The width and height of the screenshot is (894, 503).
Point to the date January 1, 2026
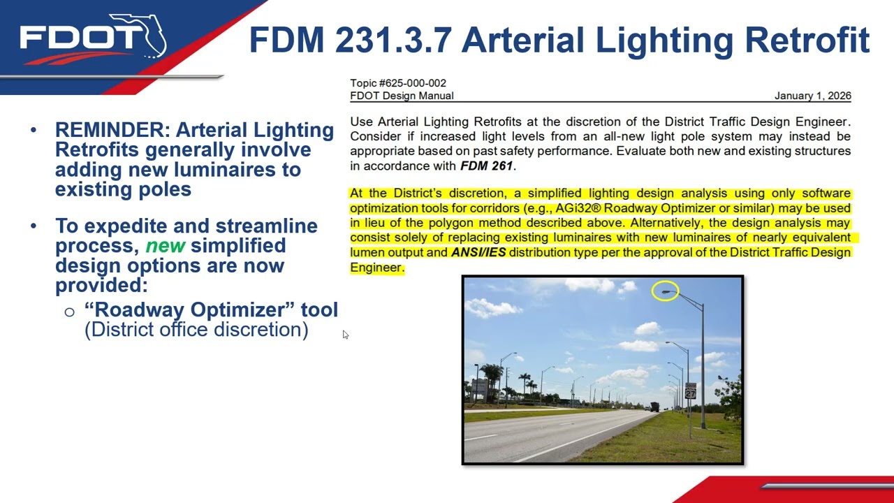click(x=812, y=96)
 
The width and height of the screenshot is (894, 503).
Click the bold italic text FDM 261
click(x=486, y=166)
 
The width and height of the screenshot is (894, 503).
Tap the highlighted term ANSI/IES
click(x=478, y=252)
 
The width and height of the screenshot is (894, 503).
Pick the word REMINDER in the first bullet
click(x=112, y=130)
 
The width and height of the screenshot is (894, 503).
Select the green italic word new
click(x=166, y=246)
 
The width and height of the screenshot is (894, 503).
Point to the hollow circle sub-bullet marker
click(x=69, y=312)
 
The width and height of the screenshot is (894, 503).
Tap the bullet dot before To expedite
click(x=34, y=226)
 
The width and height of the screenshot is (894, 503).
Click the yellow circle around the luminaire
click(x=665, y=291)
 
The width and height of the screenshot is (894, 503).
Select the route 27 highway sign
click(x=690, y=391)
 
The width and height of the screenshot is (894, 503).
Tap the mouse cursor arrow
click(x=345, y=335)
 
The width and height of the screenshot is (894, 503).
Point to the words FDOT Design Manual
click(x=402, y=96)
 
